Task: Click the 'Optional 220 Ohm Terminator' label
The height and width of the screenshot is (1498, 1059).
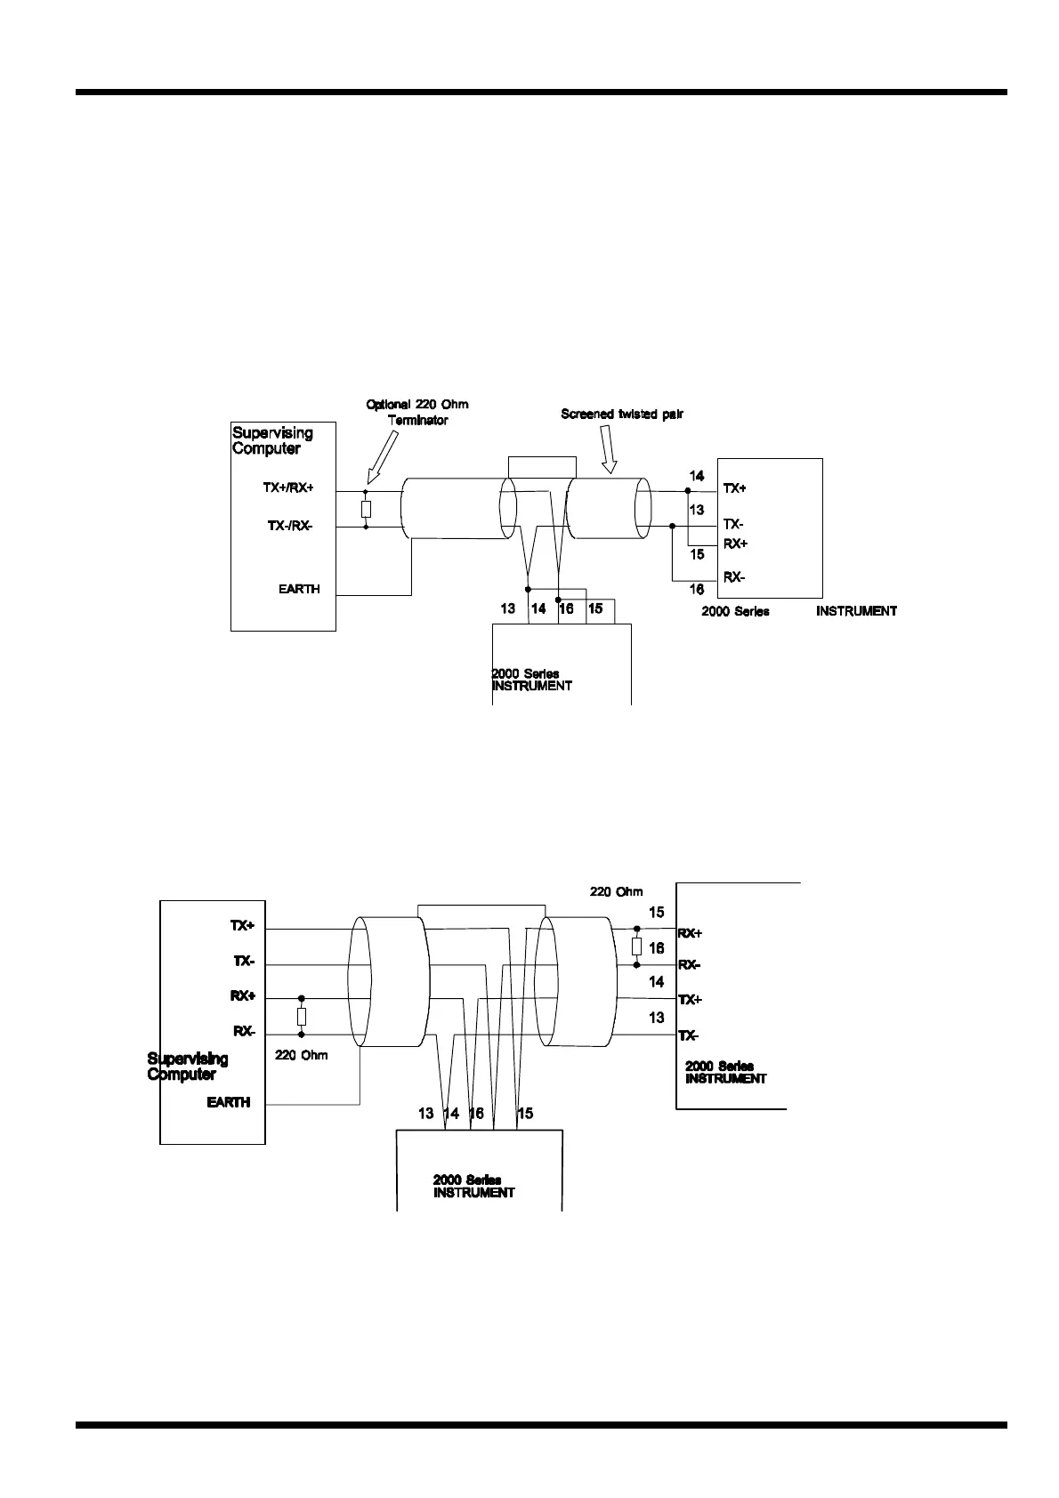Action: (x=417, y=412)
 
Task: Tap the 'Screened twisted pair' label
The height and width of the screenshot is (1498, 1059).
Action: (x=621, y=414)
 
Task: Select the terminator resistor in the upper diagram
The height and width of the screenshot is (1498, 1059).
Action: (x=366, y=509)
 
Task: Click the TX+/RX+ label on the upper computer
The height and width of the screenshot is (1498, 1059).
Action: (x=288, y=488)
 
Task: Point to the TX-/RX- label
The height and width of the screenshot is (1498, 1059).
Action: (x=290, y=526)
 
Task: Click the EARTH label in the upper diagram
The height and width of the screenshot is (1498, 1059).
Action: (x=299, y=589)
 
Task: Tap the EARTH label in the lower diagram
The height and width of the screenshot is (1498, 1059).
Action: (x=229, y=1102)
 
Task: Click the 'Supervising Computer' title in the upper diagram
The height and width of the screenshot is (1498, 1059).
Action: (x=272, y=440)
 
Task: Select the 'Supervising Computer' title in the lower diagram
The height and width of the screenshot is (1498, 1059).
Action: (x=187, y=1066)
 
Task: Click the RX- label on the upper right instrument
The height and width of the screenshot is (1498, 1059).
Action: (x=734, y=577)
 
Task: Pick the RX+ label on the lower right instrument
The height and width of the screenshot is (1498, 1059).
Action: (x=690, y=933)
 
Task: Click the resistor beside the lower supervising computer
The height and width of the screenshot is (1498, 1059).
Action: (x=302, y=1016)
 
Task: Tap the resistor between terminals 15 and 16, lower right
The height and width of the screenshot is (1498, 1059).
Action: (x=636, y=946)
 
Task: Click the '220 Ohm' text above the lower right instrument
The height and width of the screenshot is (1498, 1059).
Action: (x=616, y=891)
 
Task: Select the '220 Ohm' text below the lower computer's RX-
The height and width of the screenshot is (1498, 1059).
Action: (x=301, y=1055)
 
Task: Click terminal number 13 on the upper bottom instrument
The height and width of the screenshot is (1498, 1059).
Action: (x=508, y=609)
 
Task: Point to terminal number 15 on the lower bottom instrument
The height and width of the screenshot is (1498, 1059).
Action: (x=525, y=1113)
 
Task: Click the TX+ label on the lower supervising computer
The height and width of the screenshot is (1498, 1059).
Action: (x=242, y=926)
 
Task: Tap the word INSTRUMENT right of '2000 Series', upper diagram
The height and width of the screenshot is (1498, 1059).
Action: (x=856, y=611)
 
